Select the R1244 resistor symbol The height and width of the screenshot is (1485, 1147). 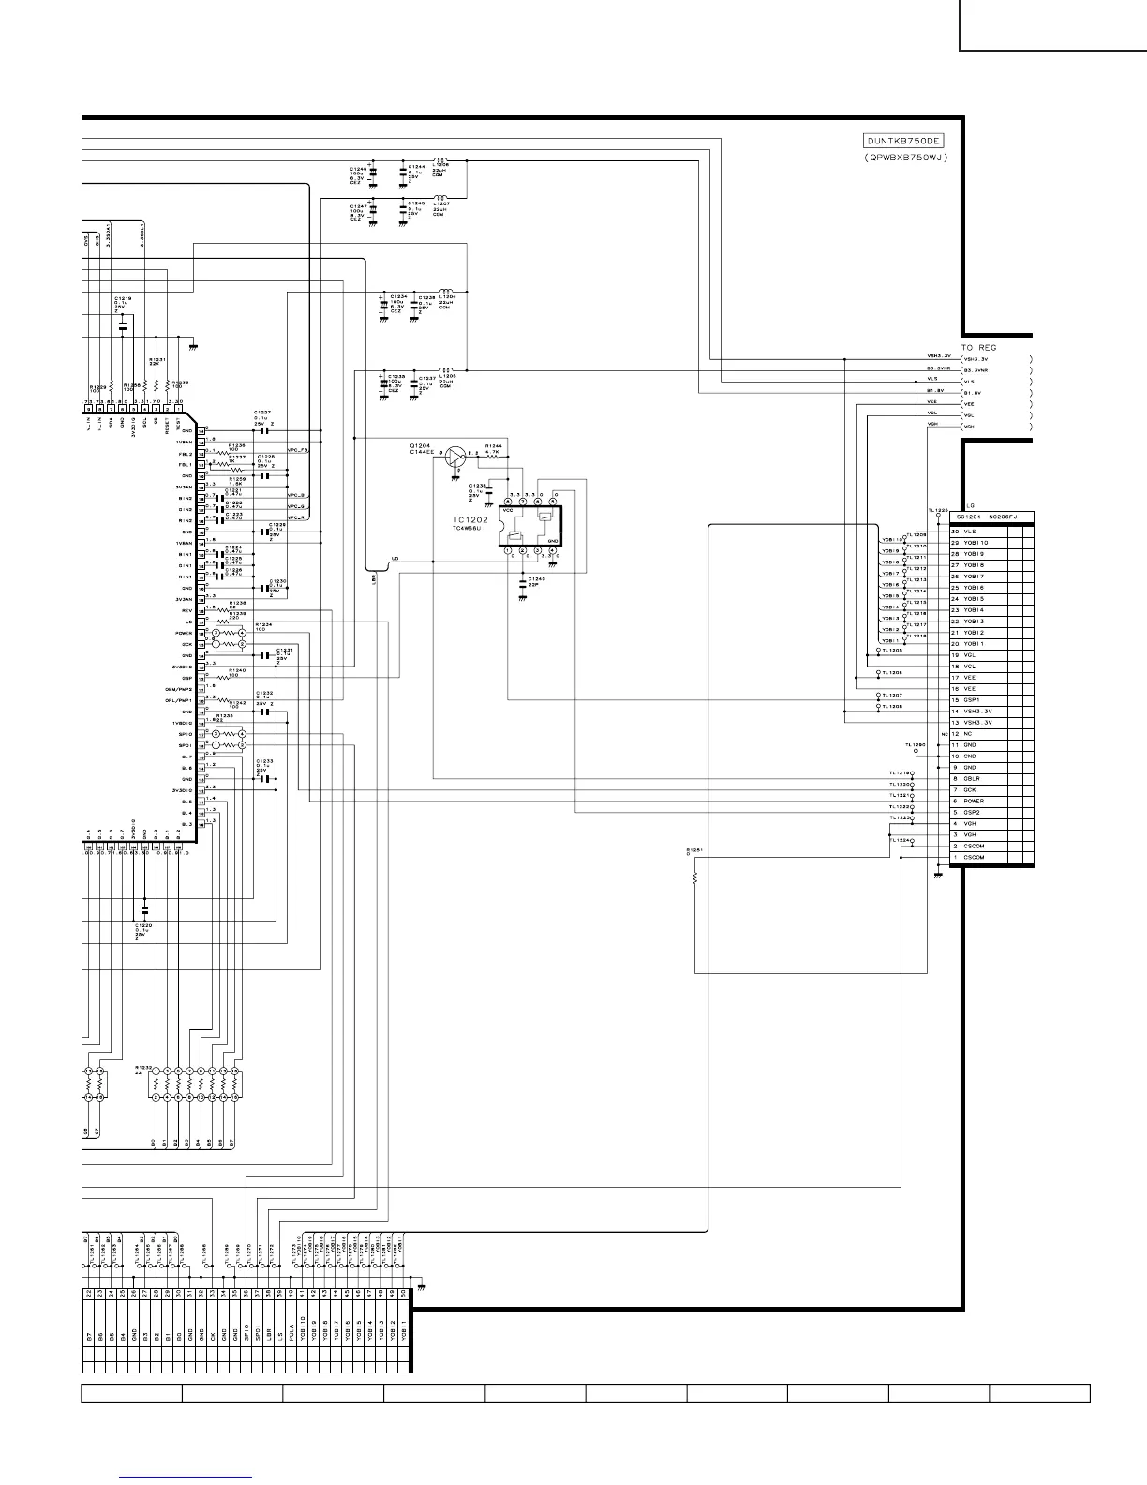(x=494, y=454)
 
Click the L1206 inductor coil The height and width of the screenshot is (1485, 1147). (x=444, y=160)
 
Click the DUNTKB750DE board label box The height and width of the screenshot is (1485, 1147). (x=903, y=142)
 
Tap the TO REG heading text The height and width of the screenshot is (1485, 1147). (x=979, y=347)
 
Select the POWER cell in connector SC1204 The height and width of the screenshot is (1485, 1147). (x=975, y=802)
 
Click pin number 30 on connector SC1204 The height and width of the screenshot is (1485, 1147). (x=955, y=532)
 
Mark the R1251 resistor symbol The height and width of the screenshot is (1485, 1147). (x=695, y=878)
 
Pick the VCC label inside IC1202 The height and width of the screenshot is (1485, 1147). (x=509, y=510)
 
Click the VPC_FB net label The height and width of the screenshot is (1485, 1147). (x=298, y=451)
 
